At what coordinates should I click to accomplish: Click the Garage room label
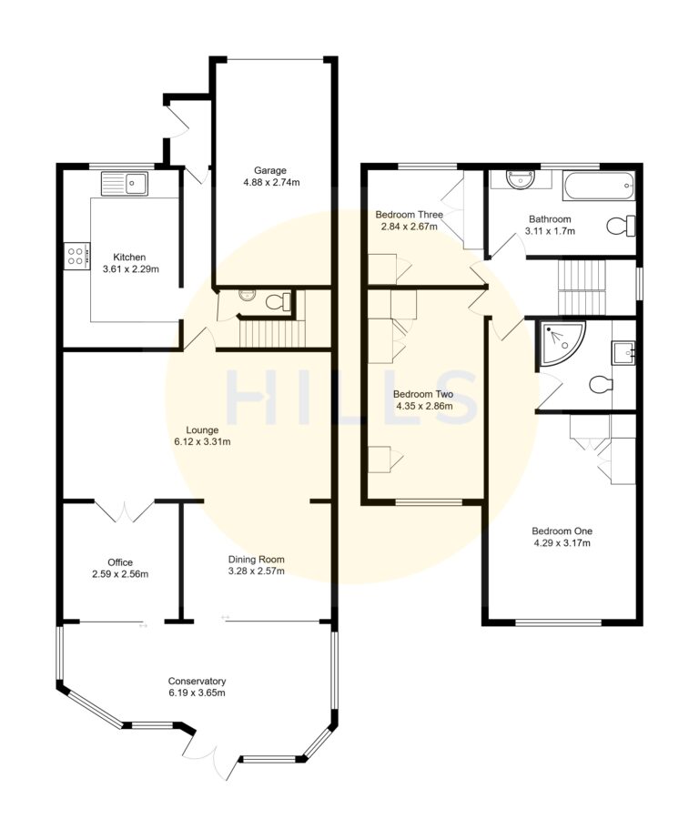point(270,170)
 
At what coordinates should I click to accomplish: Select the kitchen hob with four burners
point(76,254)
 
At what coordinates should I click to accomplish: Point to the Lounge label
point(201,429)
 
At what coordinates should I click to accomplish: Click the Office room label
point(120,561)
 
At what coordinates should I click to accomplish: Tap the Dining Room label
point(256,560)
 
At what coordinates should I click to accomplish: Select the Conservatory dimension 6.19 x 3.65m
point(197,693)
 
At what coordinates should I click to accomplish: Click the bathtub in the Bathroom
point(597,187)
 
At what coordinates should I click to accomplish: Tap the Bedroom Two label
point(423,394)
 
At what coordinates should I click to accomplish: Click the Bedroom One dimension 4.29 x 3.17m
point(562,543)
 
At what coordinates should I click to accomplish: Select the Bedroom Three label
point(410,215)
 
